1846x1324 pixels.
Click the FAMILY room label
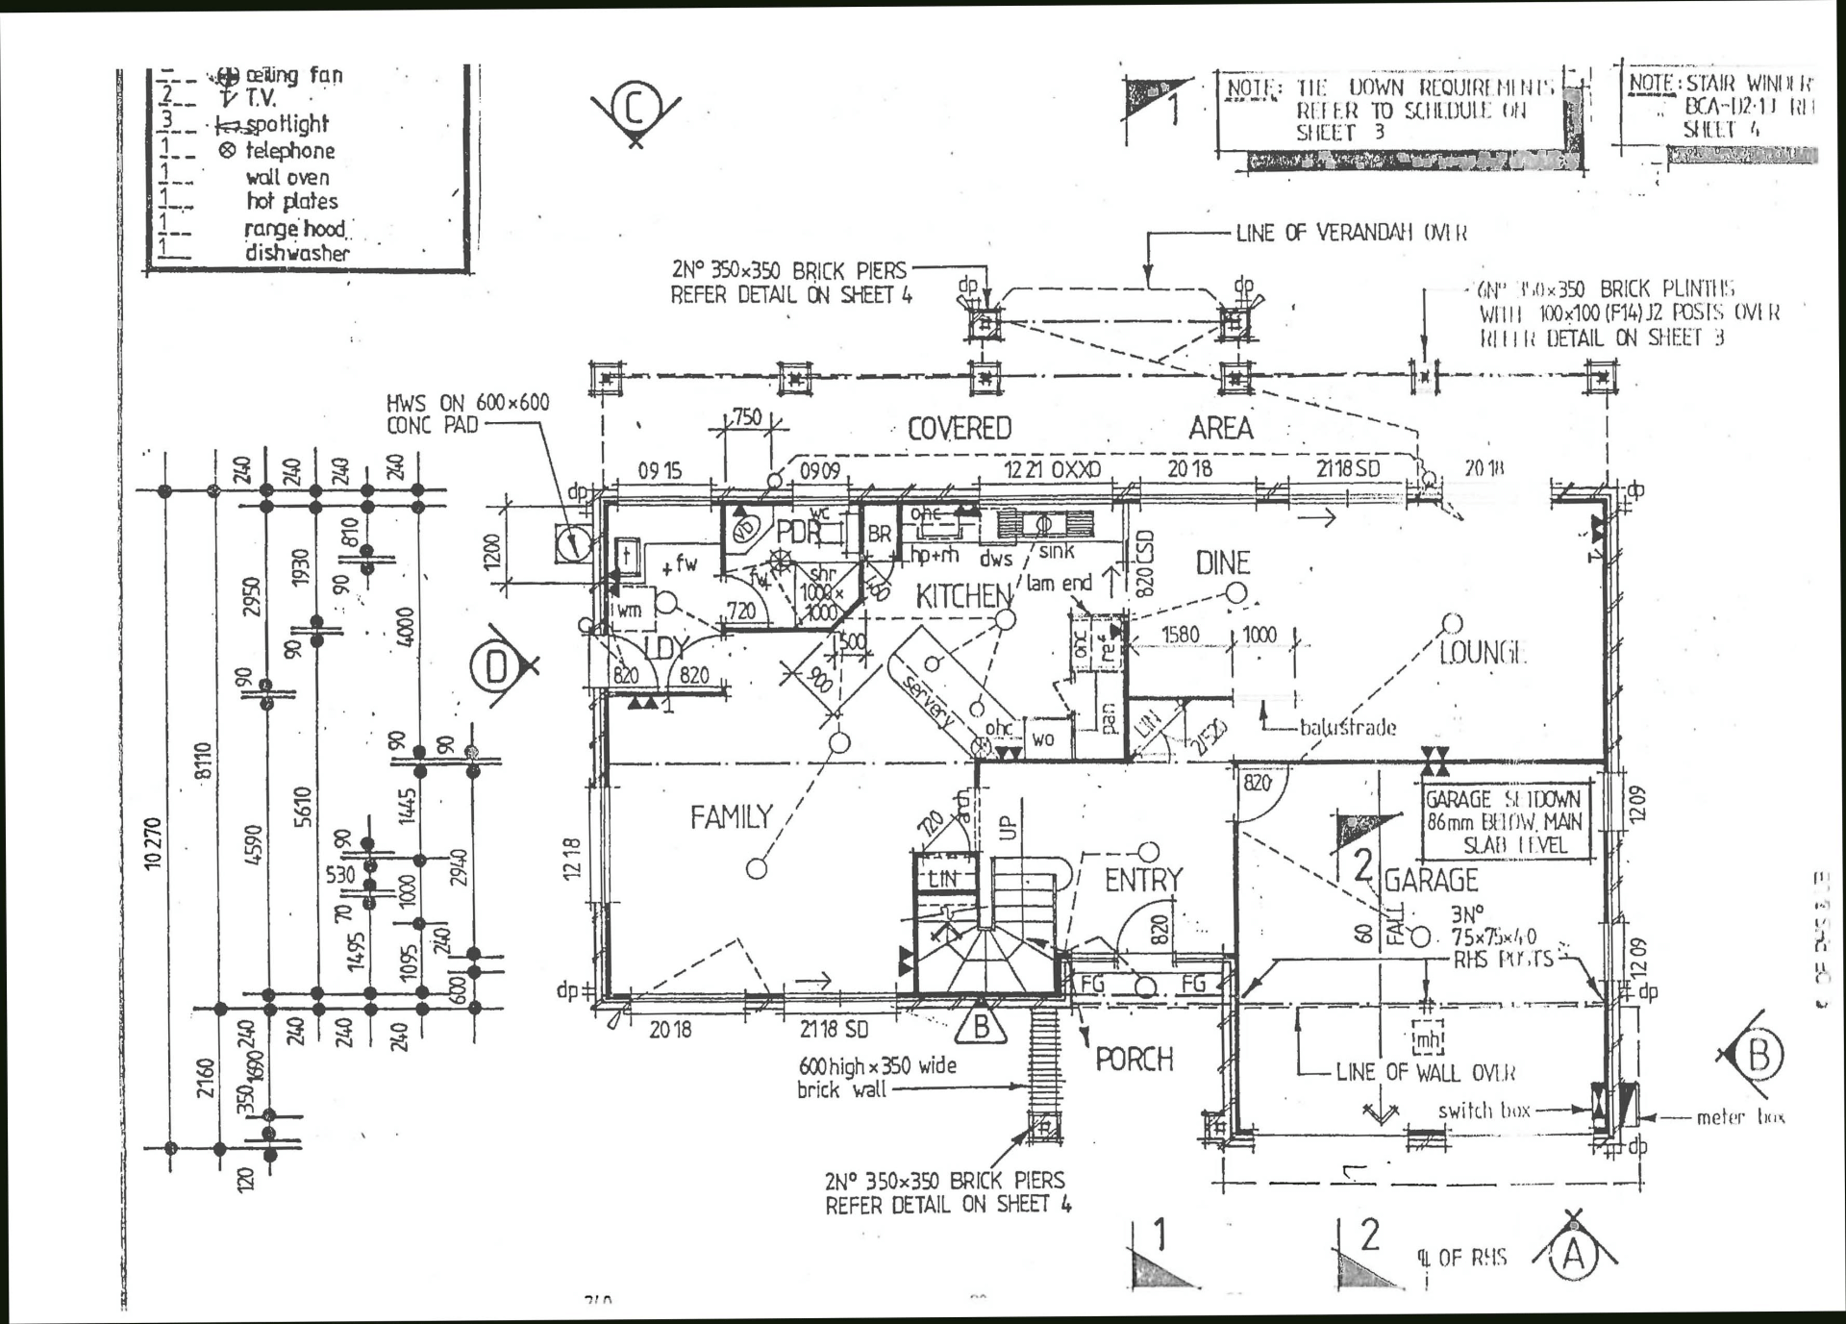(x=731, y=817)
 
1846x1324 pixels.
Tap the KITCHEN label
(x=962, y=597)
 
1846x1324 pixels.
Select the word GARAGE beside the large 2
(x=1431, y=880)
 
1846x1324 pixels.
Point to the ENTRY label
(x=1142, y=880)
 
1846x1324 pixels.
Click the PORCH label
(x=1135, y=1060)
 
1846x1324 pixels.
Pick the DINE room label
(x=1222, y=563)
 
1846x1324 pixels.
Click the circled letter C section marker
(x=635, y=108)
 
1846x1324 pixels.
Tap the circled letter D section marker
(x=496, y=667)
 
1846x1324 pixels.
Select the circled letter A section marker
(x=1573, y=1255)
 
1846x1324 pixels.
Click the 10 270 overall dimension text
(x=155, y=843)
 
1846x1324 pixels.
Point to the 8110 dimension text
(x=202, y=762)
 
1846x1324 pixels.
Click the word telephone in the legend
(x=290, y=151)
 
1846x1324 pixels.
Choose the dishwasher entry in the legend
(x=297, y=253)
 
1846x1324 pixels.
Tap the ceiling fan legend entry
(x=293, y=75)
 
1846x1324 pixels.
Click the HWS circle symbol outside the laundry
(x=573, y=543)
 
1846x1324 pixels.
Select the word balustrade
(x=1347, y=727)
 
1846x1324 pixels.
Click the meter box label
(x=1740, y=1117)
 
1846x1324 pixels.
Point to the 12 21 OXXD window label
(x=1052, y=469)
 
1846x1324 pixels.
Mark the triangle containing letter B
(x=981, y=1027)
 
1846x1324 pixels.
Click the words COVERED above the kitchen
(x=960, y=428)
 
